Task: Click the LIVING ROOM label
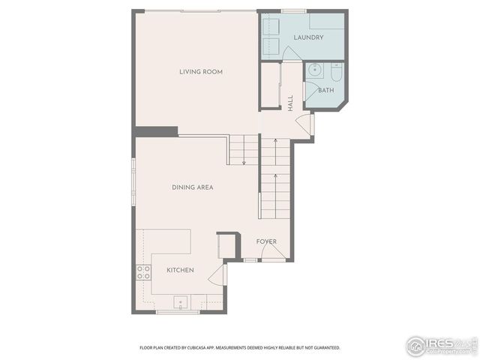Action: pos(200,72)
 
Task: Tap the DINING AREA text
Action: pos(192,187)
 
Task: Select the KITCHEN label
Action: pos(180,270)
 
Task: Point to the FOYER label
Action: pos(266,241)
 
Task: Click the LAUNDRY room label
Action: pos(308,37)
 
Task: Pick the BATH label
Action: pos(326,91)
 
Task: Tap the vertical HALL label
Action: pos(290,102)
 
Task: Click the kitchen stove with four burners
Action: pos(142,273)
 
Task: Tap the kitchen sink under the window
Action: pos(180,303)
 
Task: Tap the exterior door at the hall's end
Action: pos(305,124)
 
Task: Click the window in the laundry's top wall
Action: pos(293,11)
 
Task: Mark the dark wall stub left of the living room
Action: pos(156,132)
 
